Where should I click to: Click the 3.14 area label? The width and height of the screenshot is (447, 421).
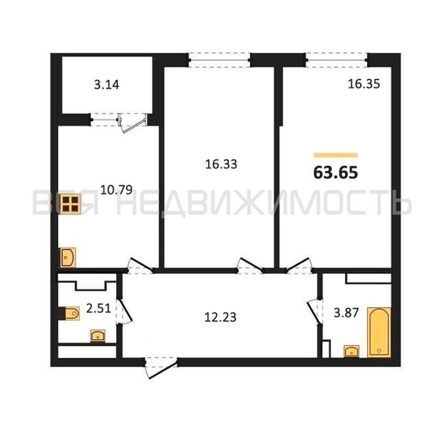[106, 85]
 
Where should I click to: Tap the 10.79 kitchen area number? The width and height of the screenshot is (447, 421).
[116, 189]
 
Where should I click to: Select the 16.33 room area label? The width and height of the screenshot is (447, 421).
[221, 164]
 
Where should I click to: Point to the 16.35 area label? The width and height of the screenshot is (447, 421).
[364, 84]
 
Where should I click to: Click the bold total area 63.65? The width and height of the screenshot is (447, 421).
[336, 173]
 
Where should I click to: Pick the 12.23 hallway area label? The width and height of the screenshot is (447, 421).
[221, 317]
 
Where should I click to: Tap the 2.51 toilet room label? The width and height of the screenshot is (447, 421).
[98, 308]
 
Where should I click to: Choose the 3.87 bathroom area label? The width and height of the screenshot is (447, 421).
[346, 313]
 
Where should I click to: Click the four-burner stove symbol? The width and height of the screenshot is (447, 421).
[71, 204]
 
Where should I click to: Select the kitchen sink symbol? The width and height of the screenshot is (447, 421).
[68, 258]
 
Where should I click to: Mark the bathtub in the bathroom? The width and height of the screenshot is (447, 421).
[379, 332]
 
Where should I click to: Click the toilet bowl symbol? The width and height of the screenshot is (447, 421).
[70, 313]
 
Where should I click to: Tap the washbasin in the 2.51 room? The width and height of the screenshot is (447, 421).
[98, 335]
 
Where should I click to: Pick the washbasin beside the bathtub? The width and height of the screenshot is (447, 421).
[352, 351]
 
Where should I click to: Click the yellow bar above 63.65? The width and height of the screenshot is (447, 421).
[336, 155]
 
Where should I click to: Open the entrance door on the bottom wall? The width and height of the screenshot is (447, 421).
[161, 367]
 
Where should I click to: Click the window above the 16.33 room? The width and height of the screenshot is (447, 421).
[219, 60]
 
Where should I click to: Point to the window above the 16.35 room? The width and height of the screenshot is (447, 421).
[337, 60]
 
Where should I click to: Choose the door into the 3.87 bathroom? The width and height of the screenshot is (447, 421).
[316, 312]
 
